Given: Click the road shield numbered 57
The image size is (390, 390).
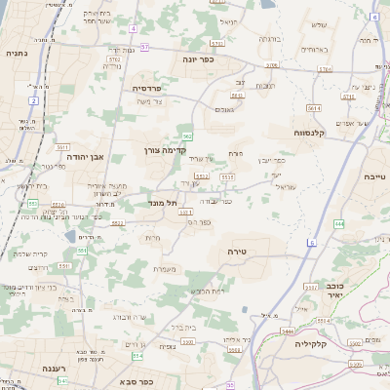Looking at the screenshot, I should click(x=145, y=46).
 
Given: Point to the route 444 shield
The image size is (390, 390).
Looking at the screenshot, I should click(x=338, y=223).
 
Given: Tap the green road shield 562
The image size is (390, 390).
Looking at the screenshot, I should click(x=186, y=136).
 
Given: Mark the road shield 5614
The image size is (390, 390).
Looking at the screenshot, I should click(x=314, y=107).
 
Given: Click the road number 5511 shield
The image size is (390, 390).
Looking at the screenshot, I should click(x=226, y=176).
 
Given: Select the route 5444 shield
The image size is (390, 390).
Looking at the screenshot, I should click(x=289, y=331).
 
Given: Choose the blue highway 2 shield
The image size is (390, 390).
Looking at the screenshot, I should click(x=33, y=100).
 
